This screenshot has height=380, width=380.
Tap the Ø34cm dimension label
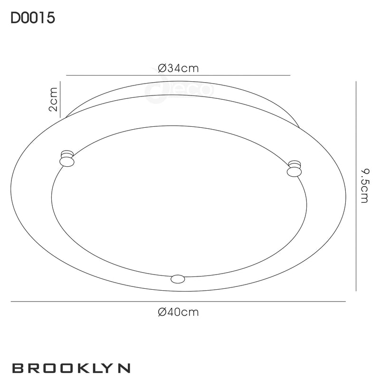click(178, 68)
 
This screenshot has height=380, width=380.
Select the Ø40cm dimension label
click(178, 312)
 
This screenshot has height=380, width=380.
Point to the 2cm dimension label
click(53, 99)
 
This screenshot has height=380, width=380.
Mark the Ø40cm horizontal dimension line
click(178, 302)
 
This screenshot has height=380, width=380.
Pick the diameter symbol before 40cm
click(161, 312)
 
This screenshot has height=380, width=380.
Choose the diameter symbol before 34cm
click(161, 68)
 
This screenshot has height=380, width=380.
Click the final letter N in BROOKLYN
click(124, 368)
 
